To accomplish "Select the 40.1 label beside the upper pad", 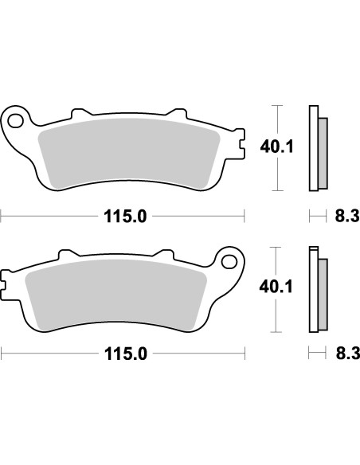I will point(273,147).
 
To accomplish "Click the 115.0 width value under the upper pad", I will point(123,215).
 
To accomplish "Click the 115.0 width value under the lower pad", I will point(123,356).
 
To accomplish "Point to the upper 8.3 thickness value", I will point(346,215).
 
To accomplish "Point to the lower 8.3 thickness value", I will point(346,356).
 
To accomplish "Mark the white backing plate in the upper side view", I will point(313,148).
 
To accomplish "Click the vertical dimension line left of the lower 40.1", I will point(277,315).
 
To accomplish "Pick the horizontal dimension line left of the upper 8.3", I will point(318,215).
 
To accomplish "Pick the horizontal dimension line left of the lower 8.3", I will point(318,356).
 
